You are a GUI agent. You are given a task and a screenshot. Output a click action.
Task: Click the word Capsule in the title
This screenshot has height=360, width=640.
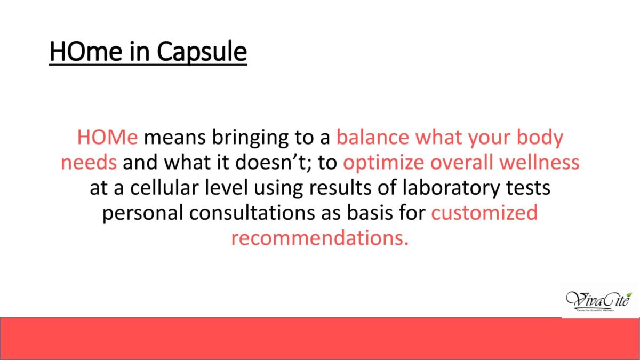(202, 51)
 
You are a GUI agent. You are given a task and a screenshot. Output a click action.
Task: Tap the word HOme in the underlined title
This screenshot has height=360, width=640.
(86, 51)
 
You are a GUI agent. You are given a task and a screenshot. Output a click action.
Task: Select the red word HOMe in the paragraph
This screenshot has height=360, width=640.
(107, 137)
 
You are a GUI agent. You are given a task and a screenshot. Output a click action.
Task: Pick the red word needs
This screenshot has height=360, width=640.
(89, 163)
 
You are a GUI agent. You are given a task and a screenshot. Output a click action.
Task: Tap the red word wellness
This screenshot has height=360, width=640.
(539, 162)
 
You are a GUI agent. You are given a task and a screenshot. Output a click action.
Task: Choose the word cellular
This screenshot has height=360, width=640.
(164, 187)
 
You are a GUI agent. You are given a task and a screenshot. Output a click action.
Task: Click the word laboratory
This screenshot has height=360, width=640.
(451, 189)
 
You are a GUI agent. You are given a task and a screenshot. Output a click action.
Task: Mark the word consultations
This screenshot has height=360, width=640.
(252, 213)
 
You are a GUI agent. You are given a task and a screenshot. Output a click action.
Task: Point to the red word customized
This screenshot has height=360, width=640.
(484, 213)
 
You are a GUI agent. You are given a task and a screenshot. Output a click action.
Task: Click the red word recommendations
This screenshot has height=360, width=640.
(319, 238)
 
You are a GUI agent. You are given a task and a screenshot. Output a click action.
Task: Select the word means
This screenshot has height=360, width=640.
(175, 138)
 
